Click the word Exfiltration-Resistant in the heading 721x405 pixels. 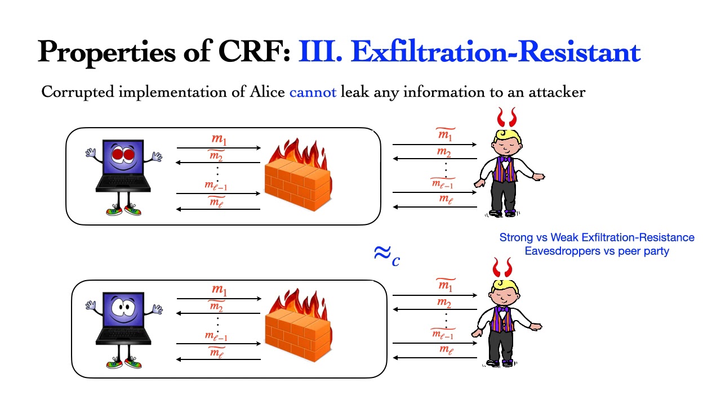point(496,51)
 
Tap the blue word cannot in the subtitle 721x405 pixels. point(313,92)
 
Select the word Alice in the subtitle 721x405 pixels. point(267,92)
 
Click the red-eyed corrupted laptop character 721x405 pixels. point(123,177)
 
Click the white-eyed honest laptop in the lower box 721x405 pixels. point(123,330)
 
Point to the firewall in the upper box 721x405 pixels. point(299,175)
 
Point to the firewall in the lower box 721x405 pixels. point(299,325)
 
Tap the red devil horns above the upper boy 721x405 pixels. point(506,118)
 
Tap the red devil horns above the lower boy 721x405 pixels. point(502,267)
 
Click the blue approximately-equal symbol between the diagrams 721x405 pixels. point(387,255)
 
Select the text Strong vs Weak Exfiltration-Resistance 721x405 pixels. point(597,237)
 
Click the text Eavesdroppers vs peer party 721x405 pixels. point(597,251)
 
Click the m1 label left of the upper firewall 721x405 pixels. point(219,139)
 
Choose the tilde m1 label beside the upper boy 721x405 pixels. point(446,134)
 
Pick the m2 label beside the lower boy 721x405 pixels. point(444,302)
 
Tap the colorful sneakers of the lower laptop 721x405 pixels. point(124,363)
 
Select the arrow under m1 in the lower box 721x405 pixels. point(219,299)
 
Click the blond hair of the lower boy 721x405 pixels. point(503,286)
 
